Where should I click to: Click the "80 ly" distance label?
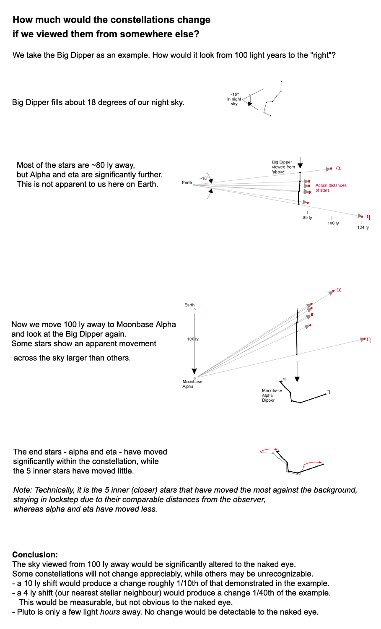pyautogui.click(x=307, y=218)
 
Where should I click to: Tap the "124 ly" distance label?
pyautogui.click(x=363, y=227)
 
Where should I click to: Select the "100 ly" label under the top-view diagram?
pyautogui.click(x=333, y=223)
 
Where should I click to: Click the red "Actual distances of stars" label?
pyautogui.click(x=331, y=187)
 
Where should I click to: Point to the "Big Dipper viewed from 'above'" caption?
pyautogui.click(x=283, y=167)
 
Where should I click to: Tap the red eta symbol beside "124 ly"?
pyautogui.click(x=368, y=216)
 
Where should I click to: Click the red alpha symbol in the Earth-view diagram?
pyautogui.click(x=338, y=168)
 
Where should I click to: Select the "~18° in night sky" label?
pyautogui.click(x=234, y=99)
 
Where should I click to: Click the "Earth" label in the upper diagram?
pyautogui.click(x=187, y=182)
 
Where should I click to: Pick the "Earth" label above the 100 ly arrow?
pyautogui.click(x=189, y=305)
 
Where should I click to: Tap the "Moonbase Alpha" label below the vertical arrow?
pyautogui.click(x=192, y=384)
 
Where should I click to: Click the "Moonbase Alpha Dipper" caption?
pyautogui.click(x=272, y=395)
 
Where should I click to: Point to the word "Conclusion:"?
pyautogui.click(x=35, y=555)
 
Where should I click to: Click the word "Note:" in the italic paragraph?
pyautogui.click(x=23, y=490)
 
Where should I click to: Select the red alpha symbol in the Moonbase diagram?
pyautogui.click(x=339, y=290)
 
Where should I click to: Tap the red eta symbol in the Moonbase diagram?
pyautogui.click(x=368, y=339)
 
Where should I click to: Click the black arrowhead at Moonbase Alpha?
pyautogui.click(x=194, y=371)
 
